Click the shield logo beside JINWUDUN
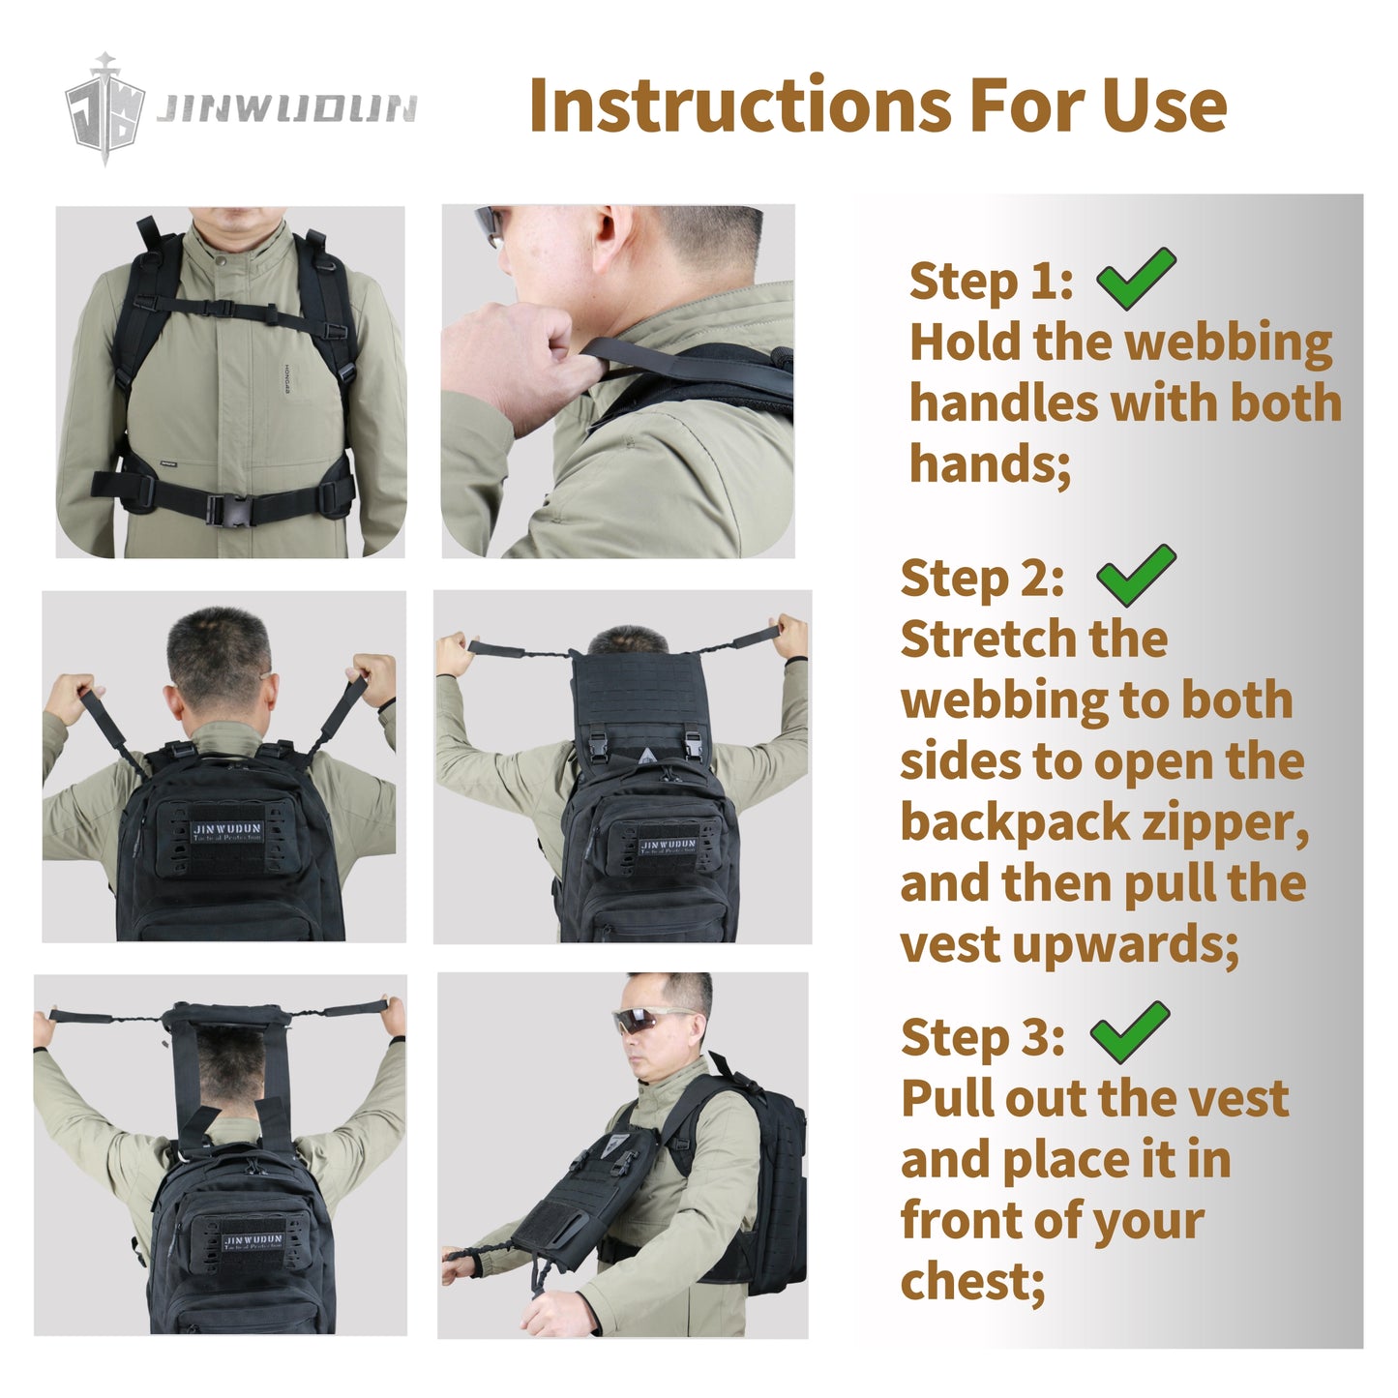105,108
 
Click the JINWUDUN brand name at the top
287,109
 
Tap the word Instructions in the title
740,105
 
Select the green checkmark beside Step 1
1136,280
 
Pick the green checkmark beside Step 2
1136,576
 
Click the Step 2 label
982,579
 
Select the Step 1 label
992,283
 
